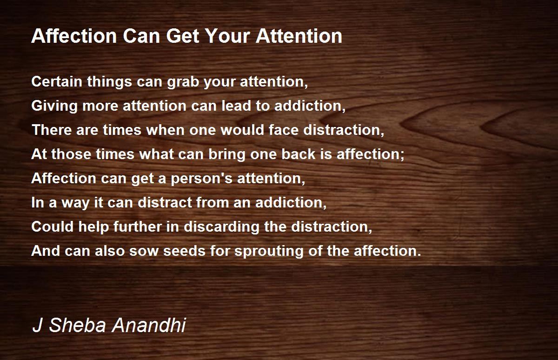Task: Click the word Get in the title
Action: (183, 36)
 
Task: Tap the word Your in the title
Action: (227, 36)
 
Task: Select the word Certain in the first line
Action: (57, 81)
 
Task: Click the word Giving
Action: (54, 107)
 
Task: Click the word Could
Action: (53, 227)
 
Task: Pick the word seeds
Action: (184, 251)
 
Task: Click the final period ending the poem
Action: (419, 254)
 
